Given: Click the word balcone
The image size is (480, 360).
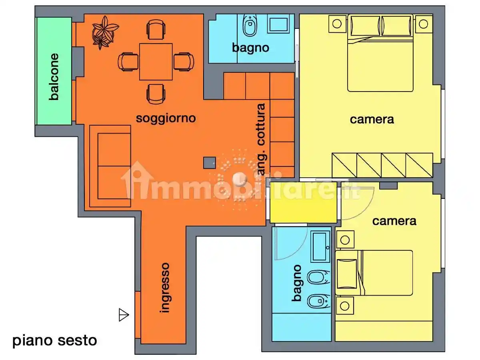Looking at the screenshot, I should (54, 77).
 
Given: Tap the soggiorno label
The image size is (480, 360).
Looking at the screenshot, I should (166, 118).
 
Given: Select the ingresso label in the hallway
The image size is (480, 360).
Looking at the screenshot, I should (165, 287).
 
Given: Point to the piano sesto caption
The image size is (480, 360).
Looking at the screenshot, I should (55, 341).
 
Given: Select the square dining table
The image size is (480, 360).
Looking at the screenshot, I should (156, 62).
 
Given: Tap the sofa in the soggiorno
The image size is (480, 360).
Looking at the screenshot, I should (110, 166).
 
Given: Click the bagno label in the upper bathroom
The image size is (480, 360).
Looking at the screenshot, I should (251, 48).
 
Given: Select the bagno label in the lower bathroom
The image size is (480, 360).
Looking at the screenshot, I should (297, 283).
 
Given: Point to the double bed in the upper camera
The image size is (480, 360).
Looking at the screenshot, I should (380, 54).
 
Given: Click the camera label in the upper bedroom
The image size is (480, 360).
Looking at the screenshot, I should (372, 119).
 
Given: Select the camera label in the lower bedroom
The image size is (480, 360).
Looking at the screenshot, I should (394, 221).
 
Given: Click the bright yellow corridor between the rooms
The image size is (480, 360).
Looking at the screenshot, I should (303, 204).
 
